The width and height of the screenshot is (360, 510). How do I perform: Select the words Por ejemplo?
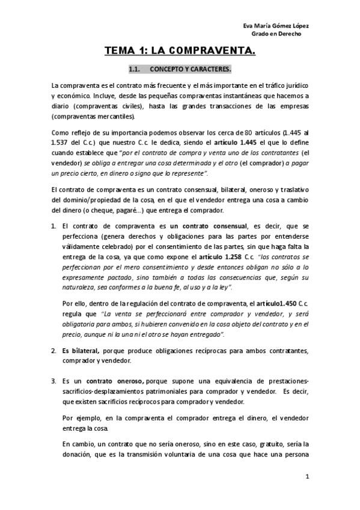(79, 418)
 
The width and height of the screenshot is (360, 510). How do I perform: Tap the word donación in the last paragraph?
(79, 454)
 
